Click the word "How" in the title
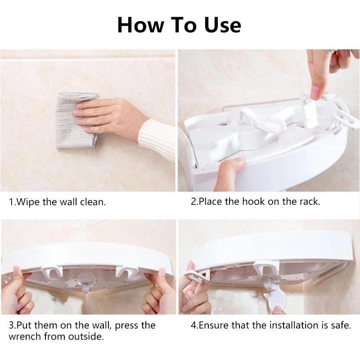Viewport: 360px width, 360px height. [140, 25]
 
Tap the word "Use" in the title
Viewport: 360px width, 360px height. [223, 25]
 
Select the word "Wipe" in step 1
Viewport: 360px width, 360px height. [29, 202]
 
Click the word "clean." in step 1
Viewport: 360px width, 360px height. [93, 202]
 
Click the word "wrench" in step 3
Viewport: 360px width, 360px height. [25, 337]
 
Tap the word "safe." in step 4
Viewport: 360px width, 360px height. [341, 325]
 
